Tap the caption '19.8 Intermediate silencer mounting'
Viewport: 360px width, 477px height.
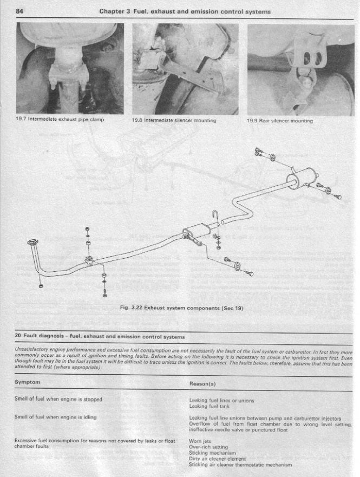tap(174, 120)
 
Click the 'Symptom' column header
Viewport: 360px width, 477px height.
tap(27, 382)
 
